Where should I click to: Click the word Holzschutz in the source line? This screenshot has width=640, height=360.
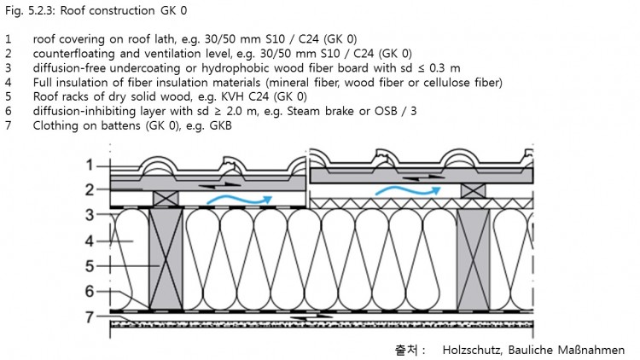[x=474, y=350]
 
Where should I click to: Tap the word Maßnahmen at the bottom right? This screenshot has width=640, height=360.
[x=593, y=350]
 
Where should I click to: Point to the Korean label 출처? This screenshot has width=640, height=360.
[x=407, y=350]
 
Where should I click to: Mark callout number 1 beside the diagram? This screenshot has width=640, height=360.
[x=89, y=165]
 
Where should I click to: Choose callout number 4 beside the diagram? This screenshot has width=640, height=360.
[x=90, y=241]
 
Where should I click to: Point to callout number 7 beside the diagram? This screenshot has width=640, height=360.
[x=90, y=318]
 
